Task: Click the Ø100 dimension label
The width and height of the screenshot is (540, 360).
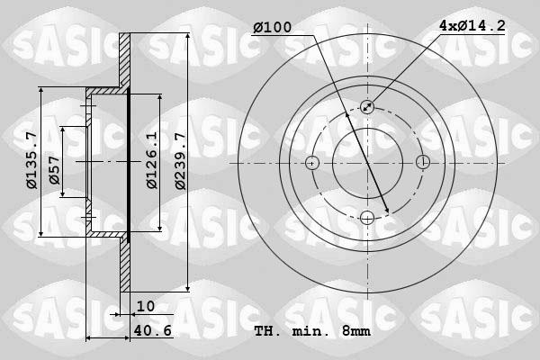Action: pos(272,28)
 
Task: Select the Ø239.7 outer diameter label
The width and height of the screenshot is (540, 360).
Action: pos(179,162)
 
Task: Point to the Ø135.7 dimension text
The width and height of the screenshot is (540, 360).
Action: pos(31,162)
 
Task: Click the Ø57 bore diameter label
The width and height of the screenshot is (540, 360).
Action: pos(55,175)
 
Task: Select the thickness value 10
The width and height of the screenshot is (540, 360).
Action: pos(146,306)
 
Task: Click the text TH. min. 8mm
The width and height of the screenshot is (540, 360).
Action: pos(312,331)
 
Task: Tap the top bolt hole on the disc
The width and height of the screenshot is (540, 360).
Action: pos(367,107)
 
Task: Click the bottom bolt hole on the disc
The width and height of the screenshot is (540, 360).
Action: pos(367,217)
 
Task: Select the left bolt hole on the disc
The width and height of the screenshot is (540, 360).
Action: pos(312,163)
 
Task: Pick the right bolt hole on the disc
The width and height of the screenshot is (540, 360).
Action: pos(422,163)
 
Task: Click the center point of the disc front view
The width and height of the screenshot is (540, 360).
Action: pos(367,163)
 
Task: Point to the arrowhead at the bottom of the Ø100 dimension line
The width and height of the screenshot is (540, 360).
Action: pos(386,211)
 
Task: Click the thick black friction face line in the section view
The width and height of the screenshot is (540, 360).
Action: pos(129,162)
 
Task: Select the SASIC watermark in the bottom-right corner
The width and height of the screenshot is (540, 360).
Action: pos(487,310)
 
